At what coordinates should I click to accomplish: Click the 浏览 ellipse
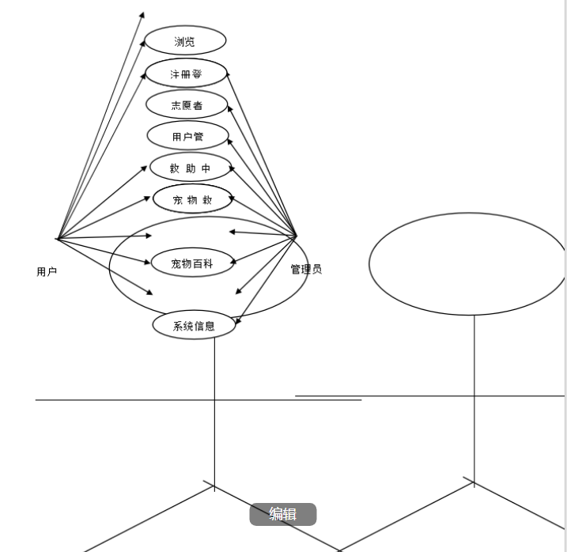coord(185,41)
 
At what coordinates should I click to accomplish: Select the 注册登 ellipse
coord(187,74)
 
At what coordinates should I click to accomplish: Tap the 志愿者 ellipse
coord(187,104)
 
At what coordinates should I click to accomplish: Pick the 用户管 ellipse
coord(188,136)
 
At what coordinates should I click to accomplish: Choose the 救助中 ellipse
coord(191,168)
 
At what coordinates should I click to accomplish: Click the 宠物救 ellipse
coord(193,199)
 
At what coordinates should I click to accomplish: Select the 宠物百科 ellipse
coord(193,263)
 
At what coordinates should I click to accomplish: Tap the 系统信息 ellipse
coord(194,324)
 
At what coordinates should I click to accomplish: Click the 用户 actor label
coord(47,271)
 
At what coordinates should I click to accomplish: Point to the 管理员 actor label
coord(306,269)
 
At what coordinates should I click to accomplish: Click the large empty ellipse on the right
coord(467,263)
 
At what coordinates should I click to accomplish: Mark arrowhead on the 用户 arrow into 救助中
coord(148,168)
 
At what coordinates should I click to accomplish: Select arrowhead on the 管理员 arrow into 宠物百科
coord(237,259)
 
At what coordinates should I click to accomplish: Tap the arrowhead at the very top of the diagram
coord(142,13)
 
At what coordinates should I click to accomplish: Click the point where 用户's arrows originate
coord(57,237)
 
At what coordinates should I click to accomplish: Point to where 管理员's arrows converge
coord(296,236)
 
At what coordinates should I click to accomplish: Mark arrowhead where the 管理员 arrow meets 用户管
coord(230,141)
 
